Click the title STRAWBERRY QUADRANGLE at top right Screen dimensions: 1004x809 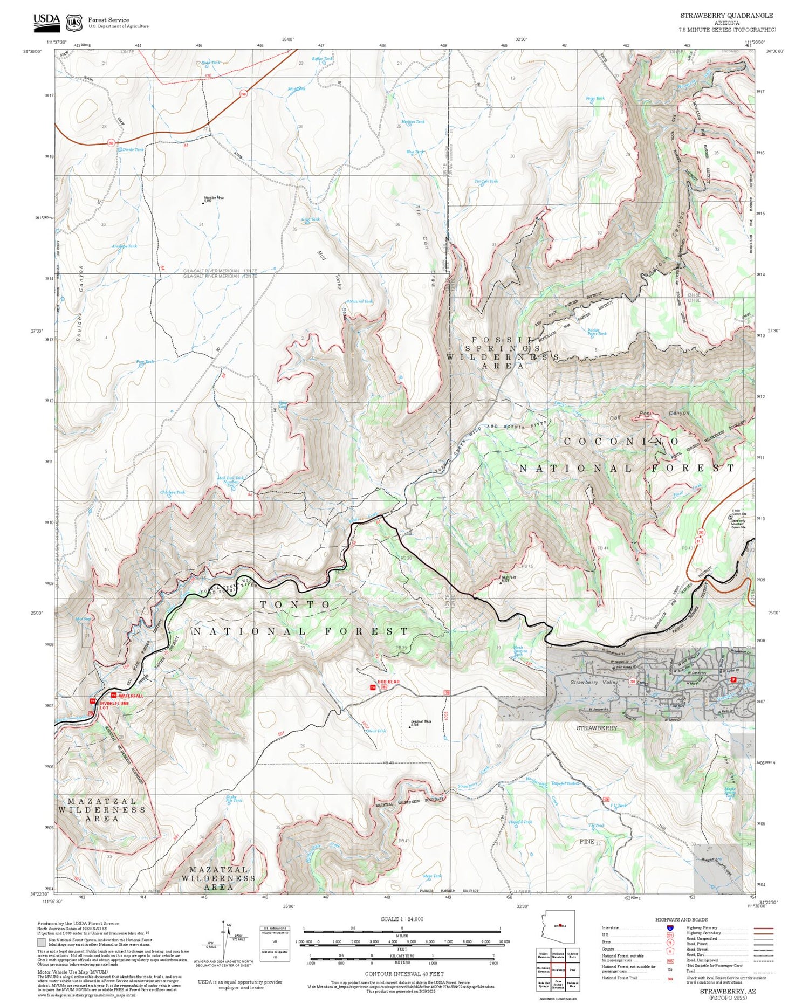(726, 16)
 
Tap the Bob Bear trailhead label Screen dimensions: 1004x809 (389, 682)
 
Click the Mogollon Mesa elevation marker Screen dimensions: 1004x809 (203, 203)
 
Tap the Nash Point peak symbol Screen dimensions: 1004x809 (501, 581)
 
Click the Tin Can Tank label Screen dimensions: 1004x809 (486, 181)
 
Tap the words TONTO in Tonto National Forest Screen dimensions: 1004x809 (296, 605)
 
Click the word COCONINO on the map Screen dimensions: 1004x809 (622, 441)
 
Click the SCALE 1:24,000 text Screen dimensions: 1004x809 (402, 919)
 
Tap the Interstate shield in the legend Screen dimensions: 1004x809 (670, 927)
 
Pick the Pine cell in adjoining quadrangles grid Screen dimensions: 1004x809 (573, 970)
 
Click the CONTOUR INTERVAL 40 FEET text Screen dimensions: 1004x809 (404, 974)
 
